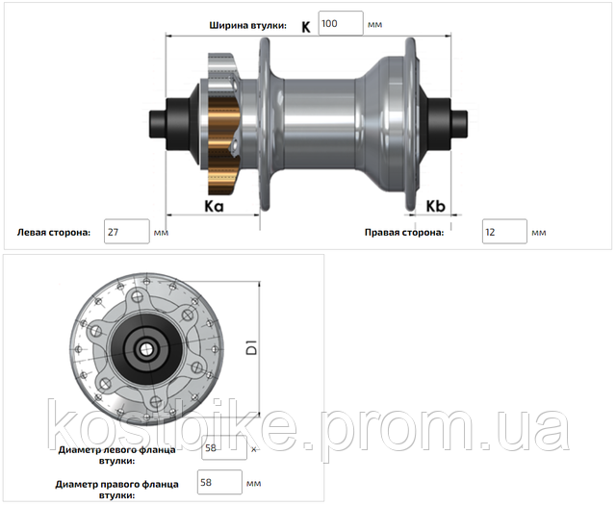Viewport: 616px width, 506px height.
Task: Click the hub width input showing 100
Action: click(341, 23)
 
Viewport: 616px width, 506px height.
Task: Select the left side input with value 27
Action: click(126, 232)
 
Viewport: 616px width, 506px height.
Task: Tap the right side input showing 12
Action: click(504, 232)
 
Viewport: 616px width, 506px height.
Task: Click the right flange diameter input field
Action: click(219, 482)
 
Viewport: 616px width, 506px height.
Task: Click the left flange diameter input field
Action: click(224, 447)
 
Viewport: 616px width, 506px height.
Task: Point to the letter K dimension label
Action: click(306, 27)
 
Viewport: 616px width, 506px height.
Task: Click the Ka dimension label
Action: click(214, 206)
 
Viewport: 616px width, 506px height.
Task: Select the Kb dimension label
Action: click(435, 206)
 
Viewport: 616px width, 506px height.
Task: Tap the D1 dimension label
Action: click(251, 348)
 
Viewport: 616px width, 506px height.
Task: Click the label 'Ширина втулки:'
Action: click(248, 26)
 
